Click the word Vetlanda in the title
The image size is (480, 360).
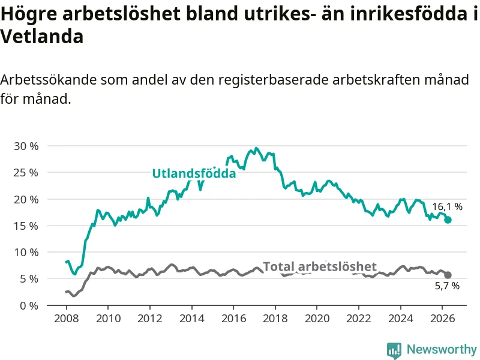pos(41,37)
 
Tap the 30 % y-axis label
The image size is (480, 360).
pos(26,146)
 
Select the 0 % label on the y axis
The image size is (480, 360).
pos(29,305)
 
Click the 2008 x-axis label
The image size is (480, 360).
pos(66,319)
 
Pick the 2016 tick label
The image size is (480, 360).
pos(233,319)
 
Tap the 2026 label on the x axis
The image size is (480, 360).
pos(442,319)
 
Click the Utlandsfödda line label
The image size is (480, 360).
pos(194,173)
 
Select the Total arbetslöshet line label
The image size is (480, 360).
pos(320,266)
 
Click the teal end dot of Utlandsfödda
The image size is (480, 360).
pos(448,220)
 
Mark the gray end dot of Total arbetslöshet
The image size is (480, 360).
pos(448,275)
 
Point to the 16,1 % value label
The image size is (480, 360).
pos(447,206)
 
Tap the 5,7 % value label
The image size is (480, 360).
pos(447,286)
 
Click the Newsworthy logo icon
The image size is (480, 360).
pos(394,350)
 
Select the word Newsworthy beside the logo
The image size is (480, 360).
pos(442,349)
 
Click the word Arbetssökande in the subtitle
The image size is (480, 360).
pos(49,80)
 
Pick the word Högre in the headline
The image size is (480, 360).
pos(28,14)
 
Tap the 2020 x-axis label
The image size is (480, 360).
pos(317,319)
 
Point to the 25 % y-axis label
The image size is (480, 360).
pos(26,173)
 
